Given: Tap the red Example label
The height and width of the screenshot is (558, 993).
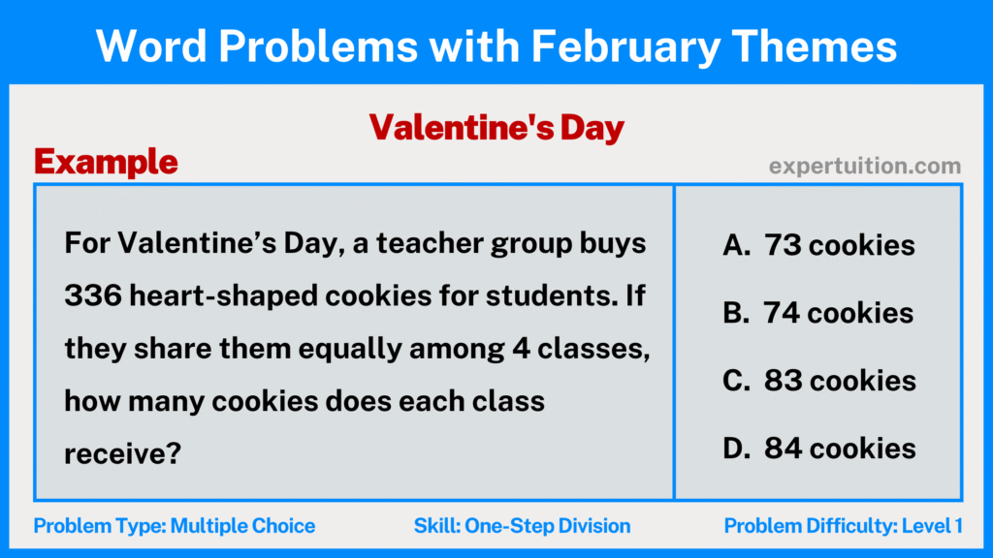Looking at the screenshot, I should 106,162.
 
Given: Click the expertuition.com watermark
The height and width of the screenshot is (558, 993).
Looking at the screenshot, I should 865,166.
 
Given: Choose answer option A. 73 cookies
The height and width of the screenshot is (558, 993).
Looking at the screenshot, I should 818,246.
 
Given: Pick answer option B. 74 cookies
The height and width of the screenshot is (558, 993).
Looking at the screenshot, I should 818,313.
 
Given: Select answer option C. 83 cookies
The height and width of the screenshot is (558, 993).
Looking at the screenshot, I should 818,381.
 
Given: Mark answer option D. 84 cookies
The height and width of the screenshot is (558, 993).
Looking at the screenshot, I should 818,448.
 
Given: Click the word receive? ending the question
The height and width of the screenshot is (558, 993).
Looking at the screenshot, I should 123,453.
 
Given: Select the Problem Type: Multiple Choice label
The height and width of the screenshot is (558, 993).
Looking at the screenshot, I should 175,526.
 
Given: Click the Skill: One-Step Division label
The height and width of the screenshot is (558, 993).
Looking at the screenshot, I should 522,526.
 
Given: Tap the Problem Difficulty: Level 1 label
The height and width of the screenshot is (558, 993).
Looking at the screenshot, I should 843,526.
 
